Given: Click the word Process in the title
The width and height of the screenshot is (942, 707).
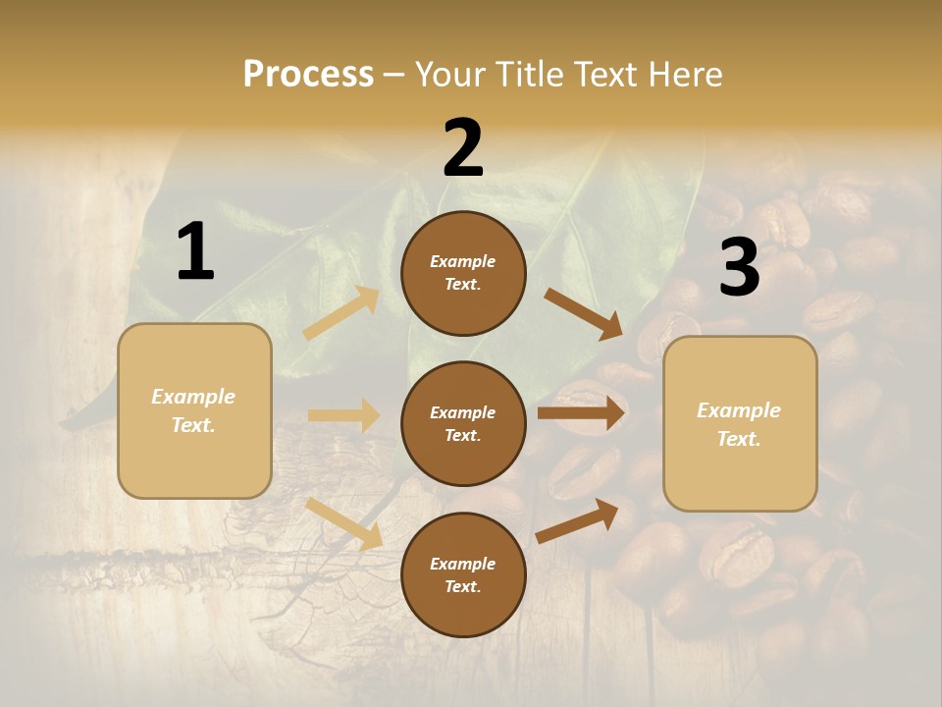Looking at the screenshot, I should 308,75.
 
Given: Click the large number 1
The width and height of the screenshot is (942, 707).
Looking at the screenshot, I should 195,252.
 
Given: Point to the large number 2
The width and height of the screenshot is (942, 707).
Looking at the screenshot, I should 463,148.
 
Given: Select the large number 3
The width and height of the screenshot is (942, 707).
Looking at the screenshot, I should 740,267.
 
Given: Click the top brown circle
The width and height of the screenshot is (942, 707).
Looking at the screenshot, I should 463,273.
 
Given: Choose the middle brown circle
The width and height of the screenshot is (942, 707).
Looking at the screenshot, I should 463,423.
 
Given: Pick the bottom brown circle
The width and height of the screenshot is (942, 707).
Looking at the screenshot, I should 463,574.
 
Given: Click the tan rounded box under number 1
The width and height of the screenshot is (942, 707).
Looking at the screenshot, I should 194,410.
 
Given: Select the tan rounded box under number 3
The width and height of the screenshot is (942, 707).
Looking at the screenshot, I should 740,424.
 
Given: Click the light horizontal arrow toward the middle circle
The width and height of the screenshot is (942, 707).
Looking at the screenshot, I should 344,415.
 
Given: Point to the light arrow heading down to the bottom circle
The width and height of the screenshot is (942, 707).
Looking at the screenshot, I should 344,523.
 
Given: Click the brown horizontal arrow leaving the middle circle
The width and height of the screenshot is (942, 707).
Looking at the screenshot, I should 582,413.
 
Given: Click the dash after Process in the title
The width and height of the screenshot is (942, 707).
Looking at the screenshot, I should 394,75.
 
